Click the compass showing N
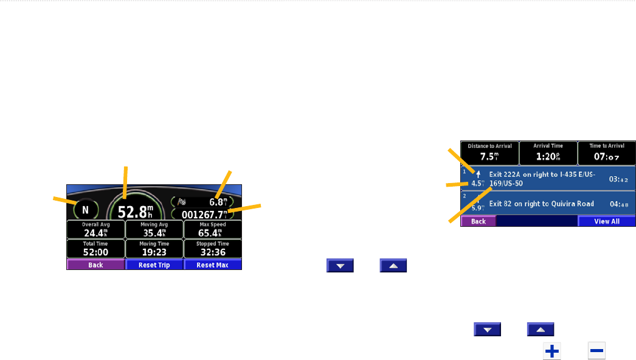pos(85,210)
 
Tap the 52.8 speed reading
pos(136,211)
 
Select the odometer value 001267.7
pos(206,214)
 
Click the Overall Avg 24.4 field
pos(95,230)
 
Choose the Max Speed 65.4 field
pos(213,230)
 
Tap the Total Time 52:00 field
pos(95,249)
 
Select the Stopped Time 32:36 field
pos(213,249)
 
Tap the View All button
pos(606,221)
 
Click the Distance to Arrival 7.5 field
pos(489,154)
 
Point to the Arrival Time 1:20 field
pos(548,154)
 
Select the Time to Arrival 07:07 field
pos(606,154)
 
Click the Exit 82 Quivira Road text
pos(541,204)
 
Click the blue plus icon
pos(551,351)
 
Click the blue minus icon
pos(596,351)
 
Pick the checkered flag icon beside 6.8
pos(182,201)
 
